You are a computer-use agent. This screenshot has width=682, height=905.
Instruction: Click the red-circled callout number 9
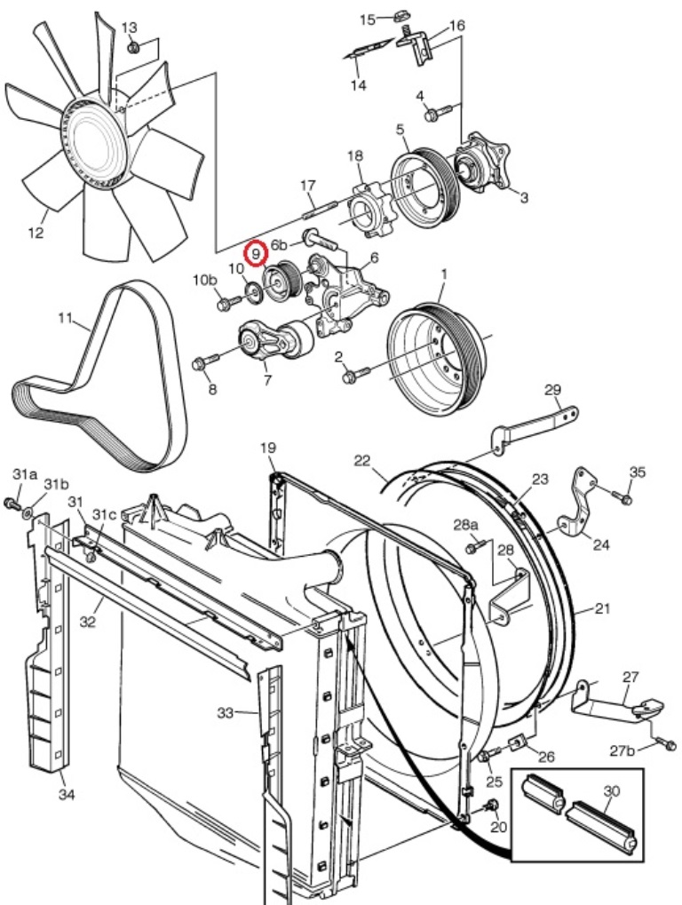255,253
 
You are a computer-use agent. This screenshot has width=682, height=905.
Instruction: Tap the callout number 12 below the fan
36,233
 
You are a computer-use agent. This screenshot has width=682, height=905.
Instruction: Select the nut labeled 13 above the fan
132,47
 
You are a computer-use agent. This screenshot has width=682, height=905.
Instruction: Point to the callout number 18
355,155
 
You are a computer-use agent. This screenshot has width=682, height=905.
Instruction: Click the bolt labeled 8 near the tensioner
205,361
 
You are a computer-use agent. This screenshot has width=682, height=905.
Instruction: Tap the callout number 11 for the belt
65,318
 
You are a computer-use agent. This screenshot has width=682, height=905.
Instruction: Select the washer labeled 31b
28,512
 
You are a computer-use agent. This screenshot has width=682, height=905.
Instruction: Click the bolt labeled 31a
11,504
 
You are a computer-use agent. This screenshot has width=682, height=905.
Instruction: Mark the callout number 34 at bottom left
67,795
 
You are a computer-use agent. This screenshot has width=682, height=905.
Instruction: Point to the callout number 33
226,713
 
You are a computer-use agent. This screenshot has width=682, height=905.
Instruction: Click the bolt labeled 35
622,496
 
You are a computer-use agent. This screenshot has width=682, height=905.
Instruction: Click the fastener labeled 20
492,806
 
